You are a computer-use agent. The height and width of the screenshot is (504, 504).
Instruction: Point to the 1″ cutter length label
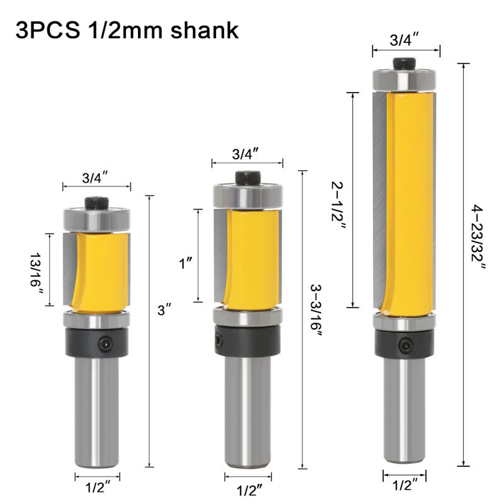coord(185,263)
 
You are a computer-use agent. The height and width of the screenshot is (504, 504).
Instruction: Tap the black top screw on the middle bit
coord(246,178)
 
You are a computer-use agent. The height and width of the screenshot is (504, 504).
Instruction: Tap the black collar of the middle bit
coord(246,340)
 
